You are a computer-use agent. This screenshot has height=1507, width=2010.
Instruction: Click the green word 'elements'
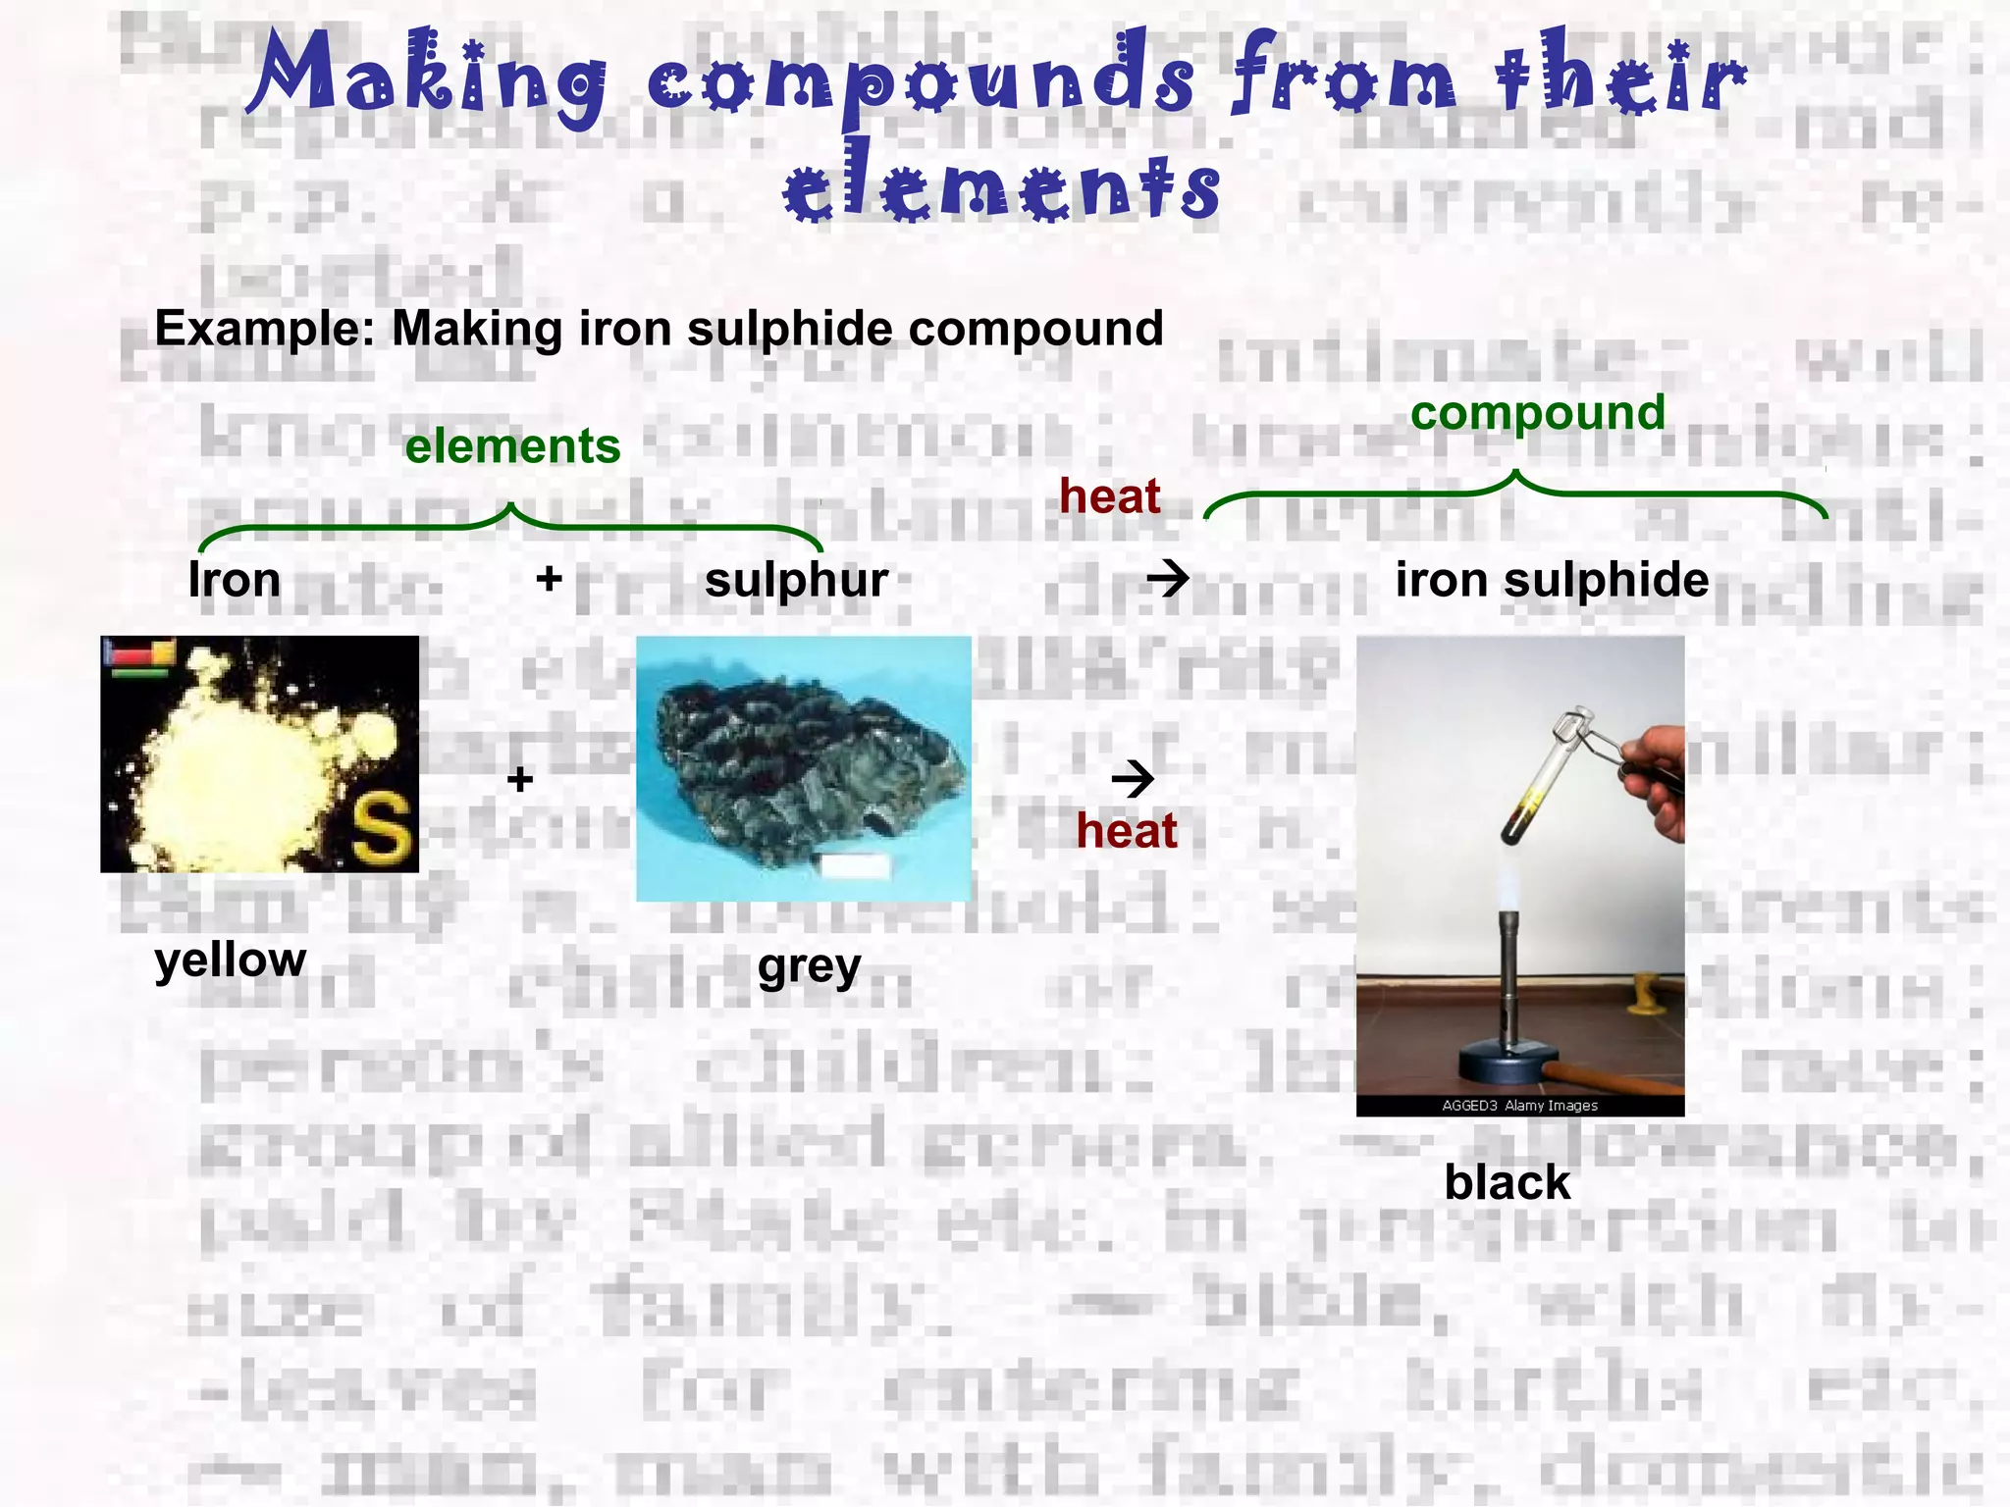512,446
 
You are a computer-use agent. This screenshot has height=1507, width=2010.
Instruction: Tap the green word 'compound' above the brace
1537,413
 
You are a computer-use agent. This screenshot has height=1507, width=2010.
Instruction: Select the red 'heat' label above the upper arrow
1109,496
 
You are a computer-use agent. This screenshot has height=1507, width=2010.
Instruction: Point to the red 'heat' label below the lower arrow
1126,831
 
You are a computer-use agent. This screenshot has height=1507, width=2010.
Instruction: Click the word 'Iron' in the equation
235,580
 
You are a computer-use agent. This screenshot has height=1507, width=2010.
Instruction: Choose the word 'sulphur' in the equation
796,580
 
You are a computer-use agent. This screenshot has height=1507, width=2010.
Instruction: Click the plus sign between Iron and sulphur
549,579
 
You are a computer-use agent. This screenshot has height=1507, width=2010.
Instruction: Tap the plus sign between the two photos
520,779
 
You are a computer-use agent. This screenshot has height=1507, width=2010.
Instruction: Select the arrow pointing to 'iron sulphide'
1168,579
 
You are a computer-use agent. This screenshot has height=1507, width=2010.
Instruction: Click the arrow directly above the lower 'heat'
1133,779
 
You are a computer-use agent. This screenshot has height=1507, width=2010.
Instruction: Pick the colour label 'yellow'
231,959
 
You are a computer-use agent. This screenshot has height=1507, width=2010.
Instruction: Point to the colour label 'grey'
809,966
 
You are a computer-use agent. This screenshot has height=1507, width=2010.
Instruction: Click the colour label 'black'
1507,1182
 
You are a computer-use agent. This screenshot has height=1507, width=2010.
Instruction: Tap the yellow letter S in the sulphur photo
381,827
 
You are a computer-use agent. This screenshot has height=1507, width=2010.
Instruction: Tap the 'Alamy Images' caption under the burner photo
1551,1106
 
